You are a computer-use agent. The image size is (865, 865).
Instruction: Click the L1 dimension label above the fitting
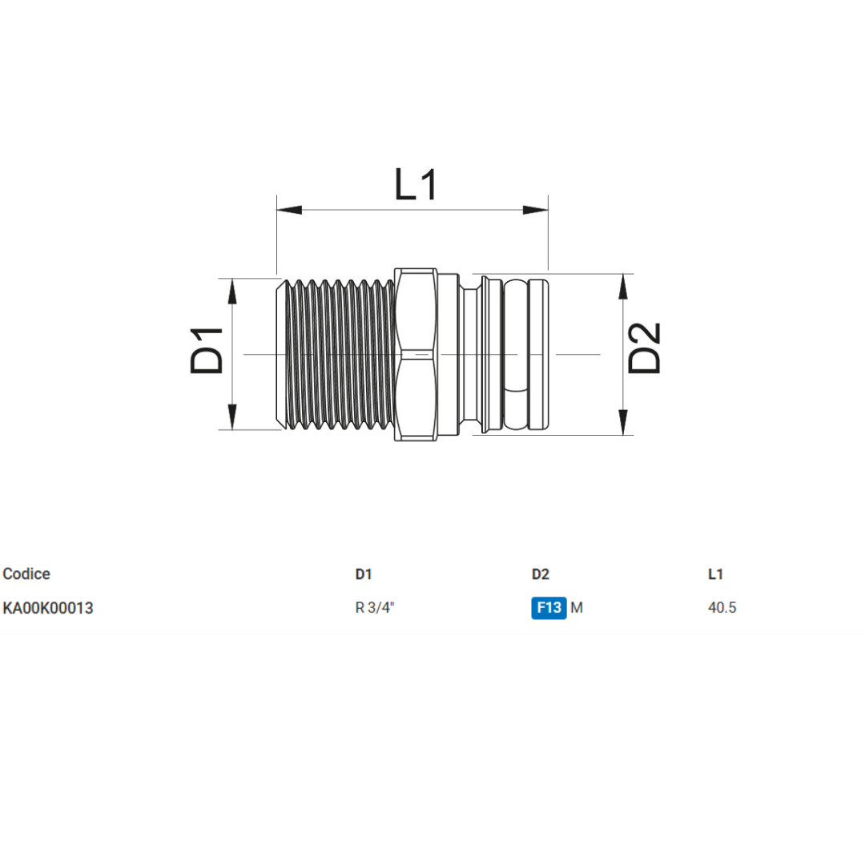(416, 185)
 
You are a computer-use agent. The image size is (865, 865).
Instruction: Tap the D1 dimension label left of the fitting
(207, 351)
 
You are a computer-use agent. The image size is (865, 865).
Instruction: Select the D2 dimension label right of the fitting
(644, 348)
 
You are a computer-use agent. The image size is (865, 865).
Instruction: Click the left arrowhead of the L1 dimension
(289, 210)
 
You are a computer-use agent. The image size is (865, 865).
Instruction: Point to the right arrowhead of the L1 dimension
(535, 210)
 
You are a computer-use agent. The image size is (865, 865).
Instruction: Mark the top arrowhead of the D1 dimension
(232, 292)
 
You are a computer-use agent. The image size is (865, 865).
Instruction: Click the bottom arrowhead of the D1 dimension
(232, 416)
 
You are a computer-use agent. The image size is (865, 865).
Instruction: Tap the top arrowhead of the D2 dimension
(623, 287)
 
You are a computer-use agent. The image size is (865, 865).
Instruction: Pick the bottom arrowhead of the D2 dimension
(623, 422)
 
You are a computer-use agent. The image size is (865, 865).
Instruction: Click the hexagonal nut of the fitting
(416, 354)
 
